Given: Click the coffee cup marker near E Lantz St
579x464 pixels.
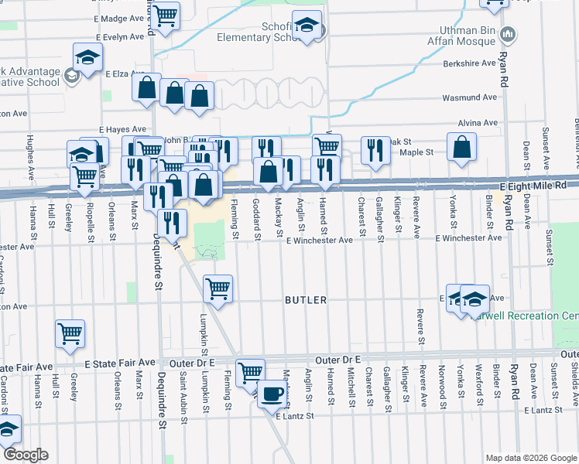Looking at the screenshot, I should pos(271,394).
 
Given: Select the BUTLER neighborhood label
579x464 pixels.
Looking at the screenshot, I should pos(306,299).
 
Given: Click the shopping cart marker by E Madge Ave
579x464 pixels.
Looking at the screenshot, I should pos(165,14).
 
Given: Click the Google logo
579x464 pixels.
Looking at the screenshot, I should pos(25,455).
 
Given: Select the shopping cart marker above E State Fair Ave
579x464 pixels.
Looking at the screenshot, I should pos(70,333).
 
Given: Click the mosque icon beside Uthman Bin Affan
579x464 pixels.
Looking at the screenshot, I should pos(509,34).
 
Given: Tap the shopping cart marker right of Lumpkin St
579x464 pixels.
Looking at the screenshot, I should pos(218,288).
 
